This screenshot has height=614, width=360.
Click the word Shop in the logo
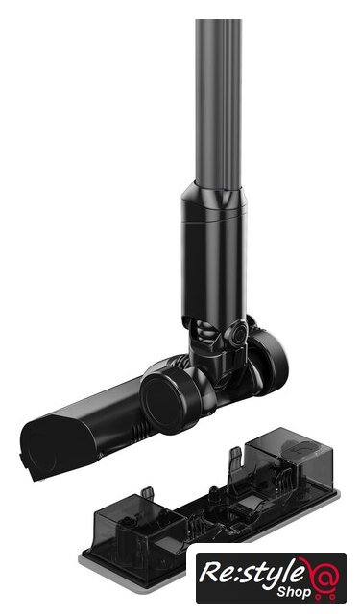point(294,591)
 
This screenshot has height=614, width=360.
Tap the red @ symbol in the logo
point(322,575)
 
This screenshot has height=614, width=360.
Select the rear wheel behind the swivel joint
point(269,362)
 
